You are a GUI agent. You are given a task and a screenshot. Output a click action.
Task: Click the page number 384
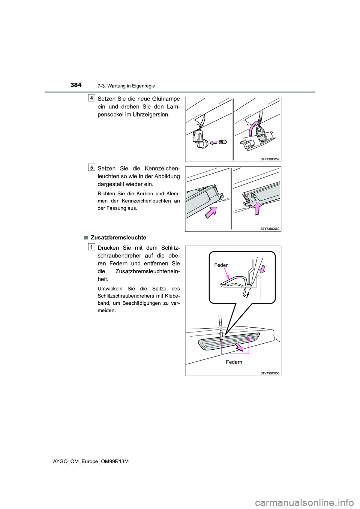tap(76, 85)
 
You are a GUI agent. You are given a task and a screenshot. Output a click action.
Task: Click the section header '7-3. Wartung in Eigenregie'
tap(126, 86)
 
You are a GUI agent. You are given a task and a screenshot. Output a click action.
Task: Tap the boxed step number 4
tap(91, 98)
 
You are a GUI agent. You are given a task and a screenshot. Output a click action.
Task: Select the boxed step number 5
tap(91, 168)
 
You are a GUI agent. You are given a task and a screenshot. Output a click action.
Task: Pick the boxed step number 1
tap(91, 247)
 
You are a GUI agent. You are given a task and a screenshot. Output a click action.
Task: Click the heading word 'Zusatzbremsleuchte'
tap(118, 238)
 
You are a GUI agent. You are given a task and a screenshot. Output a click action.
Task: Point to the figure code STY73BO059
tap(270, 159)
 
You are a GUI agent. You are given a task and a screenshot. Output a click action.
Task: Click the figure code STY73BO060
tap(270, 229)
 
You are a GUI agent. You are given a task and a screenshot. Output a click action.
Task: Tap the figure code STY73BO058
tap(270, 373)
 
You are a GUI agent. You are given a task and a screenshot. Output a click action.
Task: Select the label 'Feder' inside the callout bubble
tap(221, 265)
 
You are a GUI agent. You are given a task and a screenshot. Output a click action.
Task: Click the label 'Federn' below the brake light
tap(234, 362)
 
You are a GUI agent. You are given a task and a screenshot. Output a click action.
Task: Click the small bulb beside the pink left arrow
tap(222, 142)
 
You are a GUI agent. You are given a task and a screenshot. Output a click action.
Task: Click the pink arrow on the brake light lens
tap(239, 347)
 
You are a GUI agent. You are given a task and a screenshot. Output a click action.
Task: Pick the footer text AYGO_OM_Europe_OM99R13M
tap(91, 461)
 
